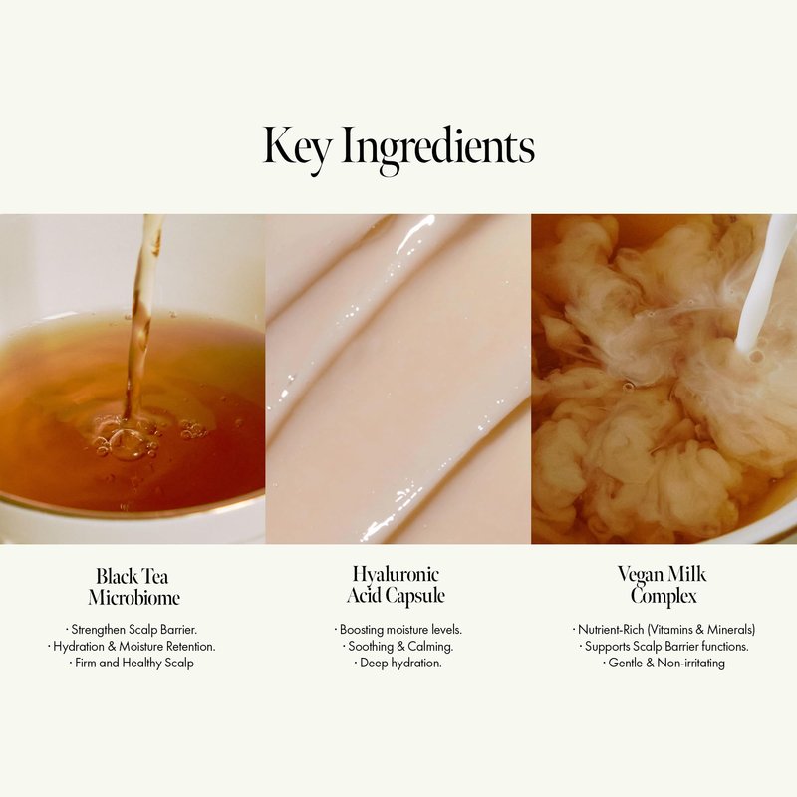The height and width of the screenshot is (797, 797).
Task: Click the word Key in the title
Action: pos(297,146)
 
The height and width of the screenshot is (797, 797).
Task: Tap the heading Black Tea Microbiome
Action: pos(133,587)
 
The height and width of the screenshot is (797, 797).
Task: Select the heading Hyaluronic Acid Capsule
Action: pos(396,585)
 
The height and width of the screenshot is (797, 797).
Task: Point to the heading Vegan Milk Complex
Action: pos(663,586)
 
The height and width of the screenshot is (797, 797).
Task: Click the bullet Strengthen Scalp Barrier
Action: pos(132,630)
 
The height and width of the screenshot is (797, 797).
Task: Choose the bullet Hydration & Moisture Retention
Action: pos(132,646)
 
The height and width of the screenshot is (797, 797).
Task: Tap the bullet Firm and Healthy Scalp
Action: pos(132,663)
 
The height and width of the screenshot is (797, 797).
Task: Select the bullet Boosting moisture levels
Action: pos(398,630)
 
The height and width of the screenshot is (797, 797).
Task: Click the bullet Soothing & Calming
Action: pos(398,646)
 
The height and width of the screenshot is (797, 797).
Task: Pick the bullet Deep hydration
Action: pos(398,663)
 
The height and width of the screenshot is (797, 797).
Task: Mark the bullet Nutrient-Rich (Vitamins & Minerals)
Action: pos(664,630)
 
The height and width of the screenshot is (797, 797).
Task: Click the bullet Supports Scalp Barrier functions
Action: pos(664,646)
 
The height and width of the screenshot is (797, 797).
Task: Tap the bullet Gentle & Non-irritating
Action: pos(664,663)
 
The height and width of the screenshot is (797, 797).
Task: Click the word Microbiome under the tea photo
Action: pos(133,597)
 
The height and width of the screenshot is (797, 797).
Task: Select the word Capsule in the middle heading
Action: pos(415,596)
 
